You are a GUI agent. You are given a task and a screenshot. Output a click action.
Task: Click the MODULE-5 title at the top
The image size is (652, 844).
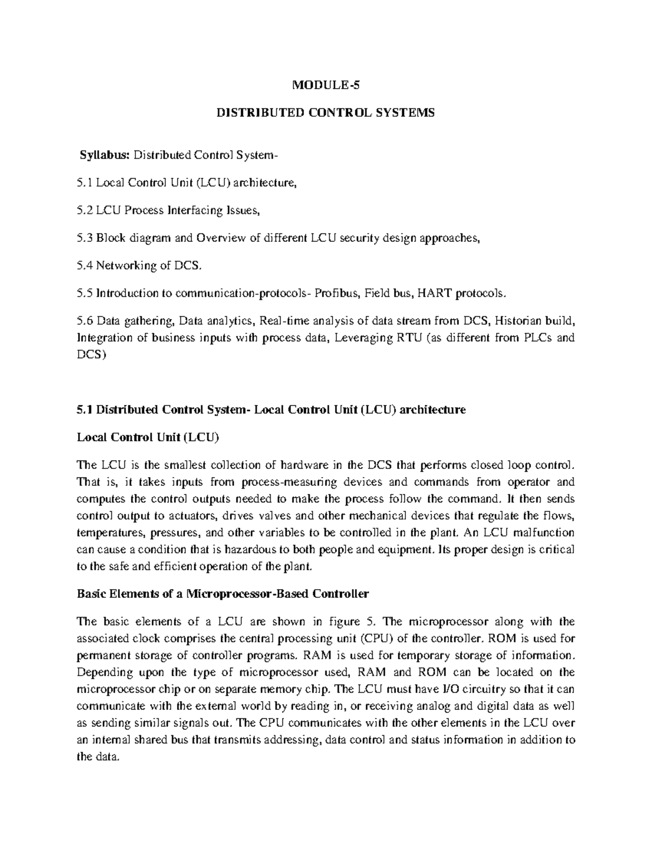tap(326, 85)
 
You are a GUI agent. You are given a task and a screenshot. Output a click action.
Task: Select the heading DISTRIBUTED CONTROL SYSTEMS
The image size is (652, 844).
tap(326, 113)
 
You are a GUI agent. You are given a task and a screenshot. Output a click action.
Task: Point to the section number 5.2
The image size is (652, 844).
tap(85, 210)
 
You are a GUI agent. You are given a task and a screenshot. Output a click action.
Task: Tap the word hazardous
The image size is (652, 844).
tap(226, 549)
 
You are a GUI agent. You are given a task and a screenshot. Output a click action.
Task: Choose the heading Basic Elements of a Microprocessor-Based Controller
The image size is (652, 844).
tap(223, 593)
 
